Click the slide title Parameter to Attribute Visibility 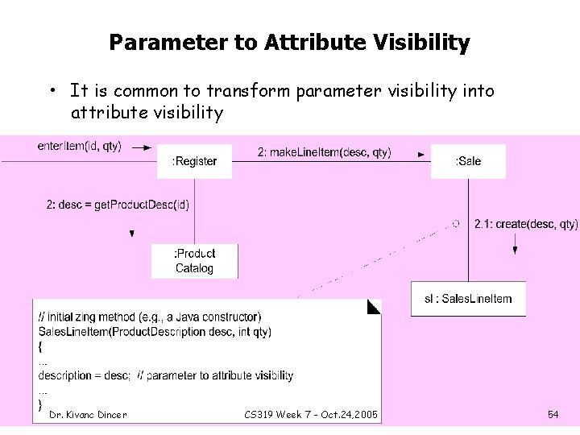click(x=289, y=42)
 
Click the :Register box click(x=194, y=161)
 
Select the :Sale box click(x=468, y=161)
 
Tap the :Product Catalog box click(x=194, y=261)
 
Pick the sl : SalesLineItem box click(x=468, y=299)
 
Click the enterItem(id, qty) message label click(x=80, y=146)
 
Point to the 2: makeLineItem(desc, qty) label click(x=325, y=152)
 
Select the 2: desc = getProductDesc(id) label click(x=118, y=205)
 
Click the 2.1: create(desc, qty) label click(x=526, y=224)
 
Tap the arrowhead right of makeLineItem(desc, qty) click(x=420, y=153)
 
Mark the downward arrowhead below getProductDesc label click(x=131, y=234)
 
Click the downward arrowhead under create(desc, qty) click(x=516, y=250)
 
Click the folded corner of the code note click(x=374, y=306)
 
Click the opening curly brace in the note click(x=41, y=346)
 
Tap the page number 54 click(x=553, y=415)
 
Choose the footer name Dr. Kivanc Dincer click(x=88, y=415)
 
